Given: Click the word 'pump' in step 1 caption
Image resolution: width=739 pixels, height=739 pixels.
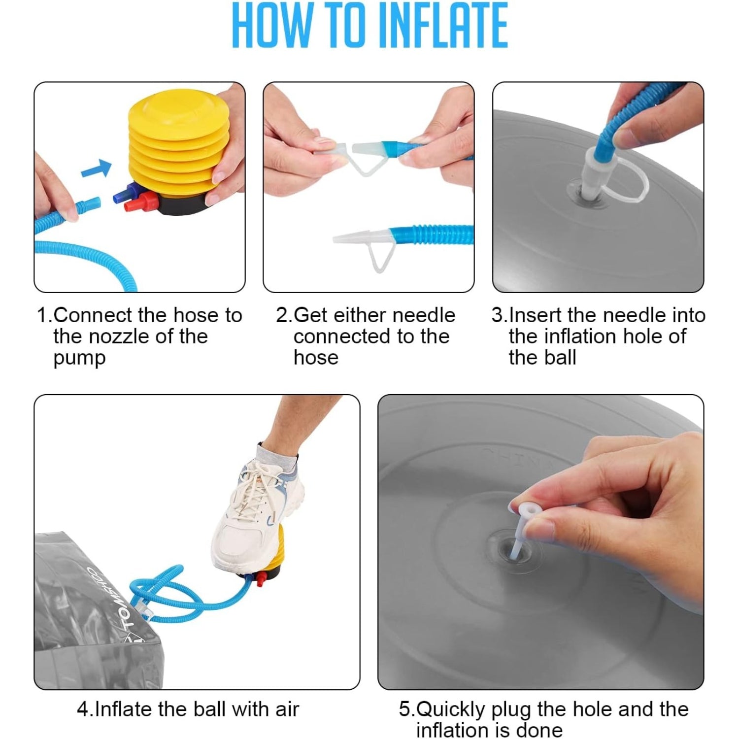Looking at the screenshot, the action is tap(79, 358).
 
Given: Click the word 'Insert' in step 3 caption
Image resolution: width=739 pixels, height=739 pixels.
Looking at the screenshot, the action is tap(536, 315).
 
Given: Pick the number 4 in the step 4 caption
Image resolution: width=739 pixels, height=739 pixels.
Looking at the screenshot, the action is tap(83, 709).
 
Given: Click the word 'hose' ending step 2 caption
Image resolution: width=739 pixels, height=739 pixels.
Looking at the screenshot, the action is tap(316, 358).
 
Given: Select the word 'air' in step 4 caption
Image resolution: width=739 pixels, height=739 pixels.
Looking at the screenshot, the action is tap(288, 709).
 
